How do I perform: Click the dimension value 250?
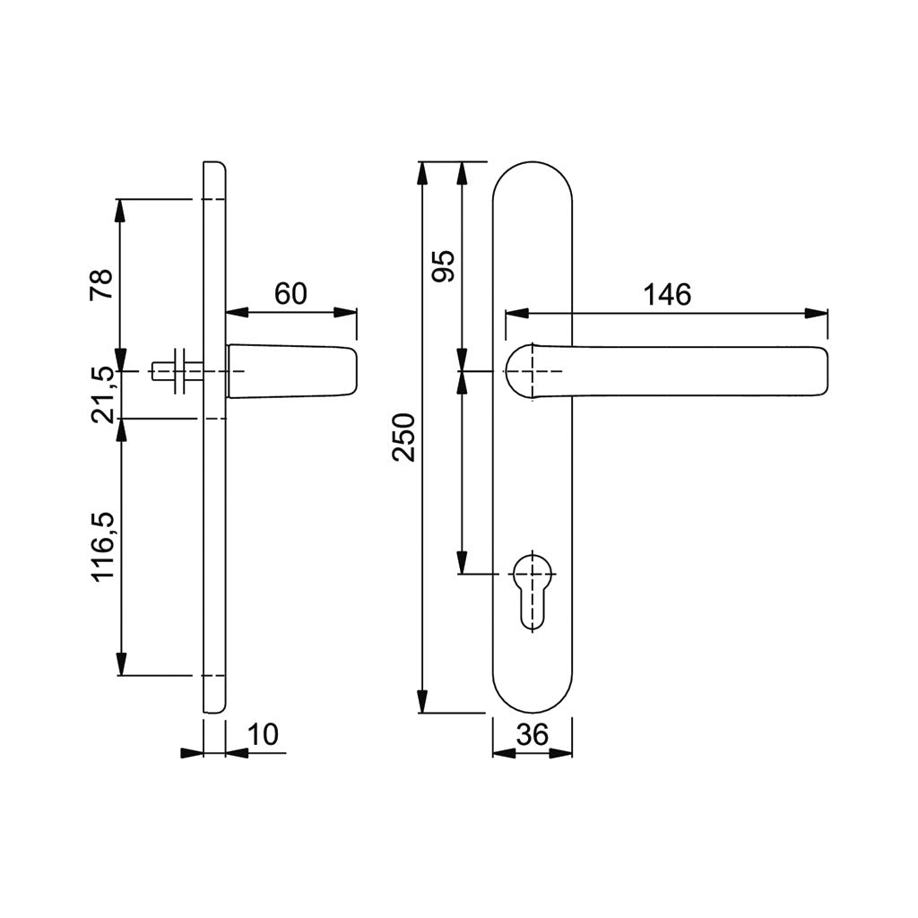click(x=405, y=437)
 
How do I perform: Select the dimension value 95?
click(x=444, y=266)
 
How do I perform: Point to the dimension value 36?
click(x=533, y=735)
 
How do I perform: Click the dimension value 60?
click(x=290, y=294)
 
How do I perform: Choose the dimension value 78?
click(x=102, y=286)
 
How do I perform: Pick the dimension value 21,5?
click(x=102, y=394)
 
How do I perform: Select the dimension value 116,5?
click(x=102, y=546)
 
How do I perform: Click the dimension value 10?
click(x=263, y=735)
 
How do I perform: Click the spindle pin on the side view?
click(x=170, y=370)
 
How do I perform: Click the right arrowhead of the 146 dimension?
click(x=817, y=314)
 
